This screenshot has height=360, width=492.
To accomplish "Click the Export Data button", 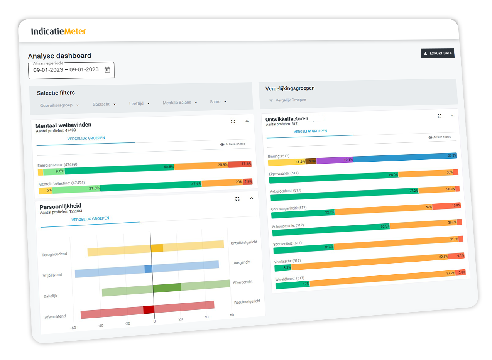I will click(438, 53).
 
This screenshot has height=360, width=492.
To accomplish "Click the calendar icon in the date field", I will click(107, 70).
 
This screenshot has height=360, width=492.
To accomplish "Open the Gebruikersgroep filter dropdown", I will click(59, 105).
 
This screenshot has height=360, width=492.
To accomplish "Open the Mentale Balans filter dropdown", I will click(180, 103).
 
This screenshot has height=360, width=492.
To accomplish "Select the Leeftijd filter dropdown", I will click(139, 103).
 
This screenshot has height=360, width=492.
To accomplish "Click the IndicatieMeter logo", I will click(58, 31).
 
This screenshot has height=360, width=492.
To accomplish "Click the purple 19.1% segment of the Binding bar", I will click(335, 160).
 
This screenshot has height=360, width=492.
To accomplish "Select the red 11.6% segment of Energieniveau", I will click(240, 164).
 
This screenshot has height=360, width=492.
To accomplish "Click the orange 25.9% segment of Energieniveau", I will click(201, 166).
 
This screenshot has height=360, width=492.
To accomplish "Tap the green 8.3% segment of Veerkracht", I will click(283, 267).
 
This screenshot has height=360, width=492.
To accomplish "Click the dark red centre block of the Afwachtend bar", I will click(149, 309).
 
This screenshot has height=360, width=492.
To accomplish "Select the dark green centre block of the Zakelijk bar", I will click(167, 287).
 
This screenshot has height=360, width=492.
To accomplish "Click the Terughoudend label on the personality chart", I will click(54, 254).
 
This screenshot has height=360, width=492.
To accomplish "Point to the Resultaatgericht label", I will click(247, 301).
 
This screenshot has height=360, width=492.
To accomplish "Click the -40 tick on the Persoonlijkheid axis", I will click(100, 326).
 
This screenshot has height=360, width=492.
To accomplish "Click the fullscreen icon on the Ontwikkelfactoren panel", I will click(440, 116).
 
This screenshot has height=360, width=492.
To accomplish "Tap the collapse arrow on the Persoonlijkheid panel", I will click(252, 198).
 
